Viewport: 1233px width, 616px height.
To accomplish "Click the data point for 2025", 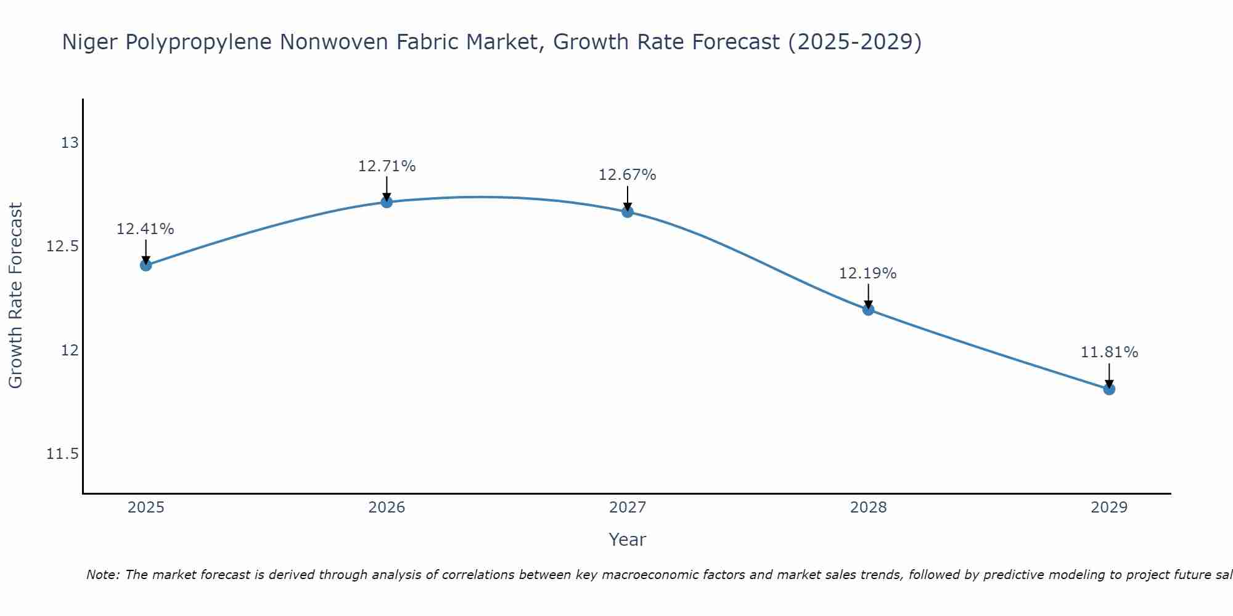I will pos(146,265).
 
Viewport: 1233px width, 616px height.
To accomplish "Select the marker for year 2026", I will pos(387,202).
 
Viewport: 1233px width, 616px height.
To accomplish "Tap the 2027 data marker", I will pos(628,212).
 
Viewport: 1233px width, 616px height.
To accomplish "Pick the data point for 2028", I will pos(868,309).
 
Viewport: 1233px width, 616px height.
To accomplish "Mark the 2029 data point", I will pos(1109,389).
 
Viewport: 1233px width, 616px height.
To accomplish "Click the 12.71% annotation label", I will pos(387,166).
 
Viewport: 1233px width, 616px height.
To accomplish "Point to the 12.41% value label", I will pos(145,229).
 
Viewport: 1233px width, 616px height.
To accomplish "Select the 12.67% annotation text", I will pos(628,175).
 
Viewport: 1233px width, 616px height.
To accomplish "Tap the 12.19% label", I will pos(867,274).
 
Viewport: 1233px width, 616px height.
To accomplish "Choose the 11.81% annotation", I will pos(1109,352).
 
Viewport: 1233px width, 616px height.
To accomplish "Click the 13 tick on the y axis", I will pos(70,143).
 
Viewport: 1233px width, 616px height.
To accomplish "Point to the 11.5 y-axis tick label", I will pos(63,455).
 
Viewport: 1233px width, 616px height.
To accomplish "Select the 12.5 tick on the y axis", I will pos(63,247).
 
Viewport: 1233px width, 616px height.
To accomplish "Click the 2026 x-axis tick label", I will pos(387,508).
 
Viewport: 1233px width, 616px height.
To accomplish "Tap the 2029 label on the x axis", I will pos(1109,508).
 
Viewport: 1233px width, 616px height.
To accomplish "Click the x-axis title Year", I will pos(627,540).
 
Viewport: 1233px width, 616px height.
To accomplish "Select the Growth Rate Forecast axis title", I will pos(16,296).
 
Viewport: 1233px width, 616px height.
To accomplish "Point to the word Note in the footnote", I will pos(102,575).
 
